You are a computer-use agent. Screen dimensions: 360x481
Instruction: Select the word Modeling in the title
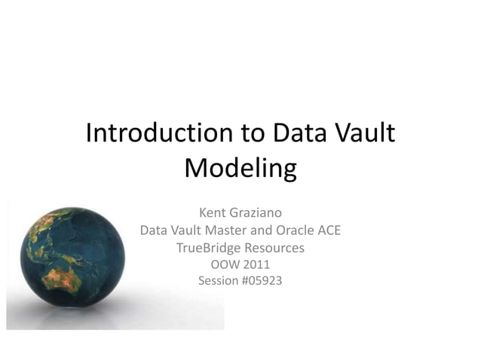pos(240,167)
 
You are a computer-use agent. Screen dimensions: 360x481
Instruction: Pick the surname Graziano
pos(256,213)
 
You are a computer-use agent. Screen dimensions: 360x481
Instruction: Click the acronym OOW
pos(224,264)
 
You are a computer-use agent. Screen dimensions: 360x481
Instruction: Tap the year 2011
pos(256,264)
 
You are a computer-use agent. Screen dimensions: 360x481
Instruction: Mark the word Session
pos(217,281)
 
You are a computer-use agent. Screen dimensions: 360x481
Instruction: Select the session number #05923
pos(261,281)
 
